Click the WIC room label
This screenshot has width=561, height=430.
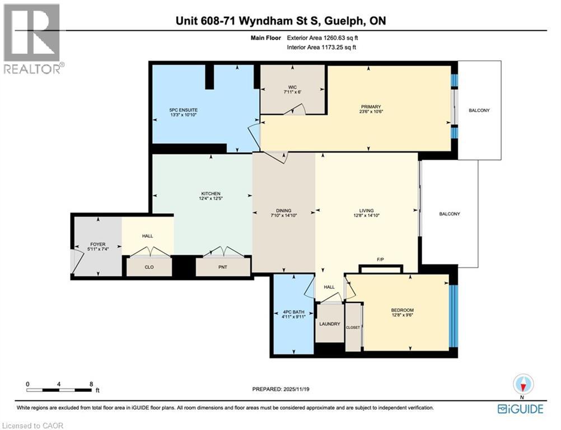click(292, 87)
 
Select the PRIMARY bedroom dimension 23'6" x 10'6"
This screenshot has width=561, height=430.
click(371, 111)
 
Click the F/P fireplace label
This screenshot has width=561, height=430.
click(380, 260)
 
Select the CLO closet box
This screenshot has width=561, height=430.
click(149, 267)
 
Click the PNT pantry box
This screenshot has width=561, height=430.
click(223, 267)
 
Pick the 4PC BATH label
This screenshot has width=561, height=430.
click(292, 312)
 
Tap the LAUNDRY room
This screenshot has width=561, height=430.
click(329, 324)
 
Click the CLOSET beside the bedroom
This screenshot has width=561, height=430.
click(353, 327)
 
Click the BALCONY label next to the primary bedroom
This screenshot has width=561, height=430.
click(479, 110)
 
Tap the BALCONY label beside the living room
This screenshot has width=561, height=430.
click(450, 214)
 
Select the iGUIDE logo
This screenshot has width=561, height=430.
click(521, 409)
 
